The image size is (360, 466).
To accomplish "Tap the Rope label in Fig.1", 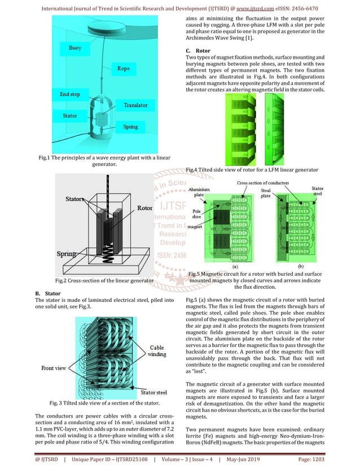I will (124, 68).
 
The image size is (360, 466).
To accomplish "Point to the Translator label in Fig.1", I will (135, 105).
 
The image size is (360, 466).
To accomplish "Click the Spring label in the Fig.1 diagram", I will (130, 127).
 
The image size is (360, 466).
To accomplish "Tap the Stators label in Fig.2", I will (74, 199).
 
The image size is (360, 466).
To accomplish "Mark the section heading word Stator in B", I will (52, 293).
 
